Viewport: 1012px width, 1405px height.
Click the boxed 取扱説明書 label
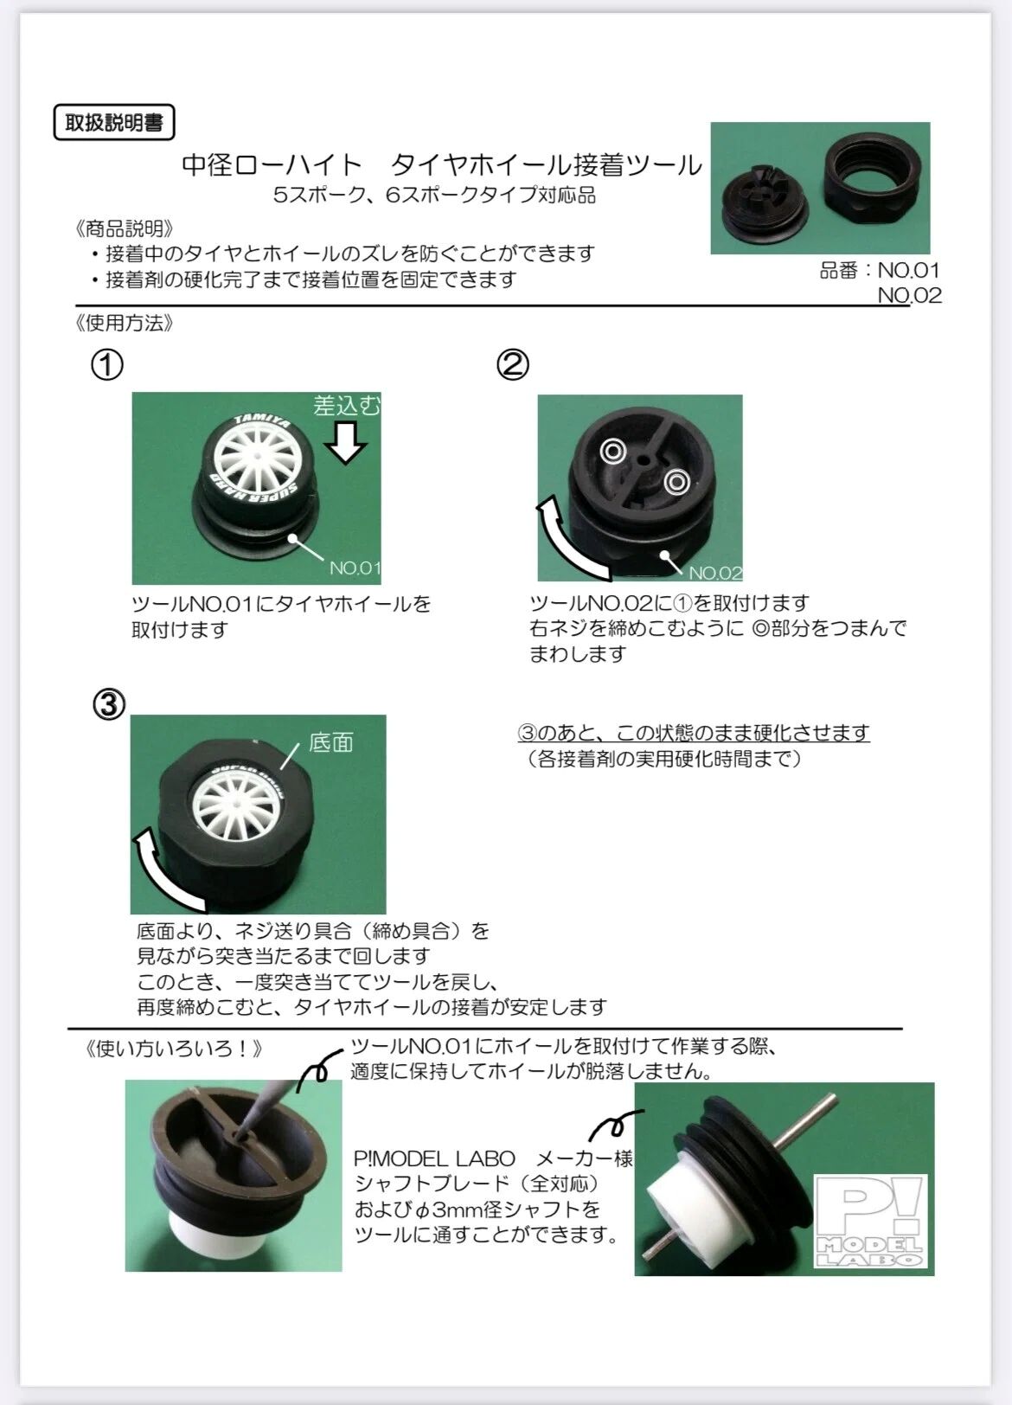tap(114, 122)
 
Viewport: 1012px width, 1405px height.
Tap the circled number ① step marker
tap(107, 365)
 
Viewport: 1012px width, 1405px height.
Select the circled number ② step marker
tap(513, 365)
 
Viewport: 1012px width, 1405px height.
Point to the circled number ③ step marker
tap(109, 704)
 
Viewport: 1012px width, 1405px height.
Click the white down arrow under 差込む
tap(345, 442)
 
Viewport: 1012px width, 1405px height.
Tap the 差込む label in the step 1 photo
tap(347, 406)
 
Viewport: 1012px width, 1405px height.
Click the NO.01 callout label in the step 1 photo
tap(355, 568)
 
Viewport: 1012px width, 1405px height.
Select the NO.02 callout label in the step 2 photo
tap(715, 573)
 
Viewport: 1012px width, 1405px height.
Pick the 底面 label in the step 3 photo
tap(331, 742)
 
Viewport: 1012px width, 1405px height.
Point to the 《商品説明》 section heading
tap(124, 228)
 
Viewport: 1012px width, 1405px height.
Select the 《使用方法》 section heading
tap(124, 323)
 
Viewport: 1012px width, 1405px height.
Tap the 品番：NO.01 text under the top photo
tap(879, 270)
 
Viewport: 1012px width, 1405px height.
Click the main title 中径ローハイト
tap(272, 165)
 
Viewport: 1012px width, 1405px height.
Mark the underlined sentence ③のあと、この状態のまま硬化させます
tap(694, 733)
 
